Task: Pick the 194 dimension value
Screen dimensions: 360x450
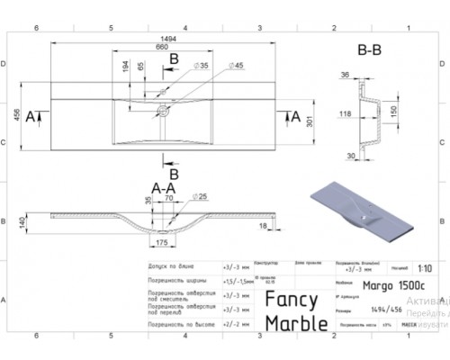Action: pyautogui.click(x=125, y=67)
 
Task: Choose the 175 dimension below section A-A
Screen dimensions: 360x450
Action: pyautogui.click(x=162, y=243)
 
